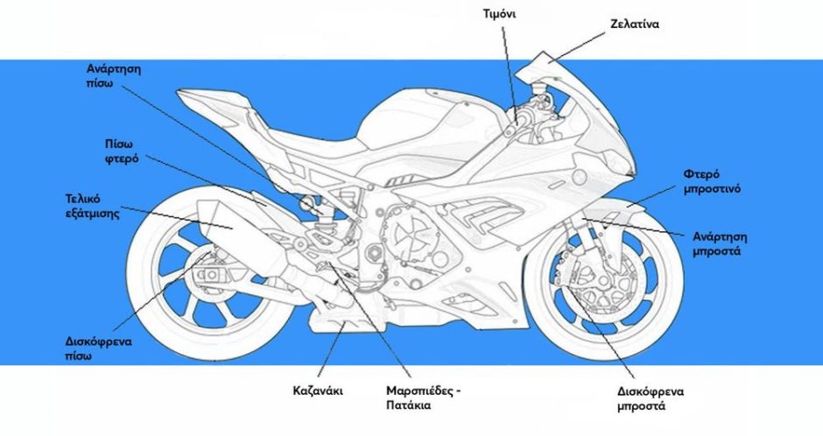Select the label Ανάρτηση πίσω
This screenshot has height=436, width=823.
(115, 75)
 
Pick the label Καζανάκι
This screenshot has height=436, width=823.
(317, 390)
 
